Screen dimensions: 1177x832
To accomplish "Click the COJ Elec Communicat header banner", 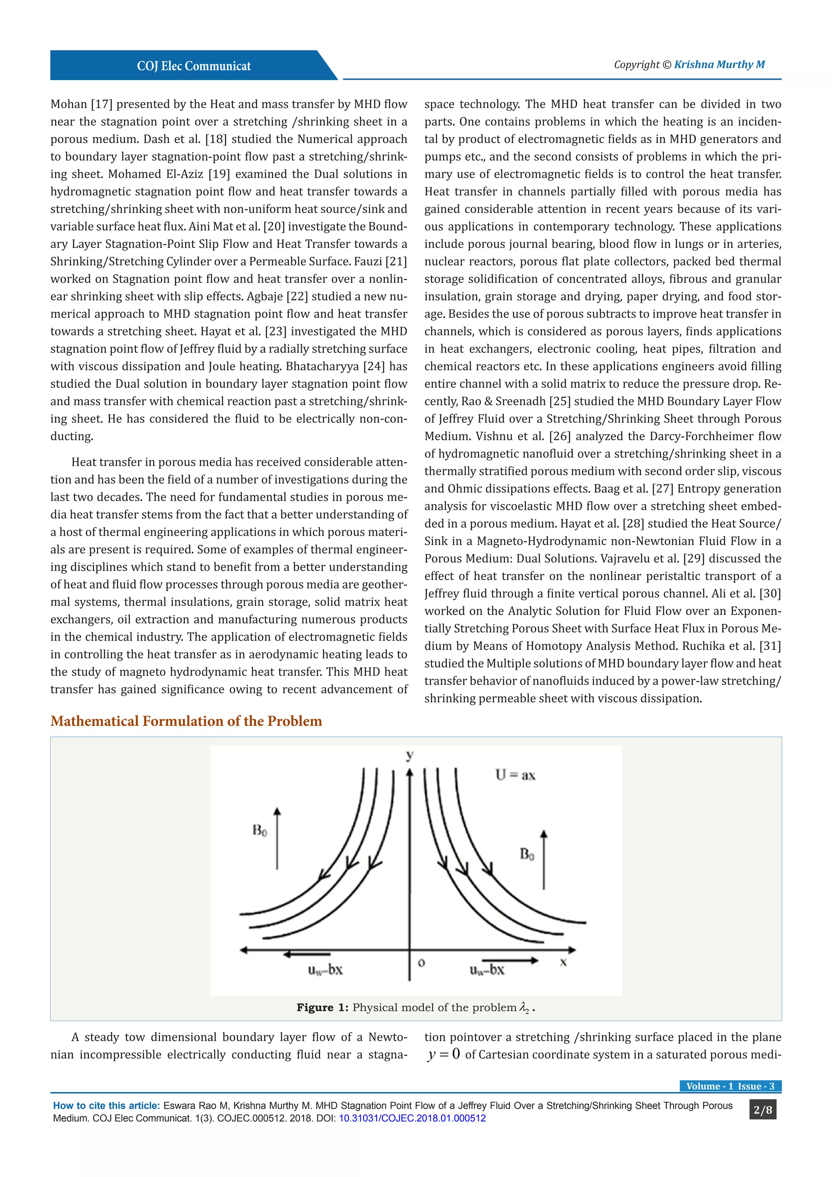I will pyautogui.click(x=194, y=65).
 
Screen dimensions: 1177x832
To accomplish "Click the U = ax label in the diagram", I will pyautogui.click(x=515, y=775).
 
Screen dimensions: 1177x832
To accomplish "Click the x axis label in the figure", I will pyautogui.click(x=563, y=962).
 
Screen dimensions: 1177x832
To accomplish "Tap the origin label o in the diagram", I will pyautogui.click(x=421, y=963).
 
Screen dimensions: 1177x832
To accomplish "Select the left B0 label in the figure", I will pyautogui.click(x=260, y=830).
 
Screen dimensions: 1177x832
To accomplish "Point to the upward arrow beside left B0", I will pyautogui.click(x=277, y=838).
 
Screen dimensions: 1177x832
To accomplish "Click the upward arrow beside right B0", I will pyautogui.click(x=544, y=860).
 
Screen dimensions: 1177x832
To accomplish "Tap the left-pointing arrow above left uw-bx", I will pyautogui.click(x=307, y=954).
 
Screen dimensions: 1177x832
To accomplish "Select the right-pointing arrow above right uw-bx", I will pyautogui.click(x=510, y=960).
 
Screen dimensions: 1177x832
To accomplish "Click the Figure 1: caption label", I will pyautogui.click(x=322, y=1008).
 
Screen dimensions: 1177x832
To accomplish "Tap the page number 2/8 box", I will pyautogui.click(x=762, y=1110).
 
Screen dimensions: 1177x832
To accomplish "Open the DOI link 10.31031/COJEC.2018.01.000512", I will pyautogui.click(x=412, y=1118).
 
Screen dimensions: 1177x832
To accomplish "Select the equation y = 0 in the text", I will pyautogui.click(x=443, y=1055).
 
